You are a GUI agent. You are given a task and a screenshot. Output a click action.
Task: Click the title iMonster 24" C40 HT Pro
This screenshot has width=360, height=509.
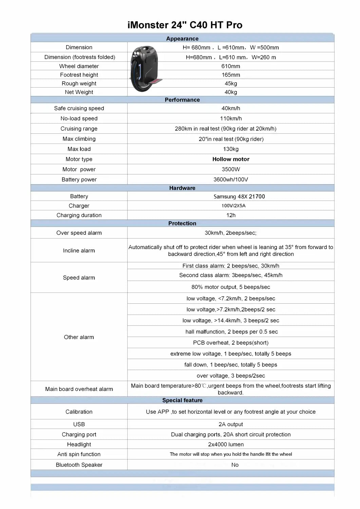coord(185,25)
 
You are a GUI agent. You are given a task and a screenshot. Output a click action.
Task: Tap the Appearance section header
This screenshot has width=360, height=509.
coord(182,39)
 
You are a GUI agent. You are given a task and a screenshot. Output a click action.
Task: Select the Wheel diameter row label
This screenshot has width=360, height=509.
coord(79,66)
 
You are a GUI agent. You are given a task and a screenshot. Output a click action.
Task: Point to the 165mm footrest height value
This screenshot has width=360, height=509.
coord(231,75)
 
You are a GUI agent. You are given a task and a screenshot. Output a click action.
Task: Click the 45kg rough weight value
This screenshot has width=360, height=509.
coord(231,83)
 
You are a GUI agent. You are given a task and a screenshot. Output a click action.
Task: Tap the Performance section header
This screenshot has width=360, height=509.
coord(182,100)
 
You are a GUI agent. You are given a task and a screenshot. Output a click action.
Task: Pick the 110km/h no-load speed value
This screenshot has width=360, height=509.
coord(231,118)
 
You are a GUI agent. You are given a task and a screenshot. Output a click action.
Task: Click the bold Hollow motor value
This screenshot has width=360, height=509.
coord(231,159)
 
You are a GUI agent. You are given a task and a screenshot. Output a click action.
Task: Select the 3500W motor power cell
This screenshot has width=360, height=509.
coord(231,169)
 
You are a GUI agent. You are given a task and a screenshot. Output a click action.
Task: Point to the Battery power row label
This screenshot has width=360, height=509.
coord(79,180)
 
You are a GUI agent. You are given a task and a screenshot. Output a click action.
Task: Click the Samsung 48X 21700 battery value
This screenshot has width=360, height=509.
coord(239,196)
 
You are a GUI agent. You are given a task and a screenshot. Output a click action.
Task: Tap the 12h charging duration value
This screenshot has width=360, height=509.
coord(231,215)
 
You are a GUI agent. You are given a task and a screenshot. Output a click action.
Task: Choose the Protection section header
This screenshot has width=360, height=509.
coord(182,223)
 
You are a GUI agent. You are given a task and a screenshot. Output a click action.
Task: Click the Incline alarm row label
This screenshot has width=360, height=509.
coord(79,250)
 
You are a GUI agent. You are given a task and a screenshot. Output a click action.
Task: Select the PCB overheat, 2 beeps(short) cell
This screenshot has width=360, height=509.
coord(231,343)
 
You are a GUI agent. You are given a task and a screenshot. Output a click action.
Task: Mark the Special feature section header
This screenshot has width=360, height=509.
coord(182,400)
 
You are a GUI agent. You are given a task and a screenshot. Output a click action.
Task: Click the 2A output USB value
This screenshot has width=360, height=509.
coord(231,424)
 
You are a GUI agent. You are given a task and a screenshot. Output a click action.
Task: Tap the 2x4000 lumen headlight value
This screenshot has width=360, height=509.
coord(226,444)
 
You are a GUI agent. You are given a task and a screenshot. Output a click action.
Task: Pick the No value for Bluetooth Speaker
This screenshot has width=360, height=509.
coord(235,465)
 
